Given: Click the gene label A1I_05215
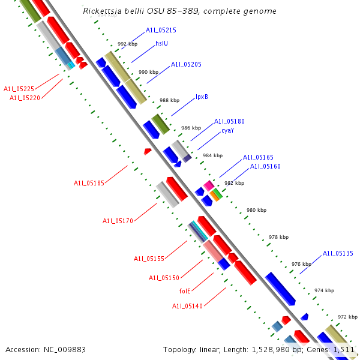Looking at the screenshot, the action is pos(161,30).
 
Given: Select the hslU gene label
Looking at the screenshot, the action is pos(161,43).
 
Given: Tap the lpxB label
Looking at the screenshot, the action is pos(202,97).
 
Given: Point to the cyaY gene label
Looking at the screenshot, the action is pos(227,130).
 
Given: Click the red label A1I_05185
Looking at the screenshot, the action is pos(89,183).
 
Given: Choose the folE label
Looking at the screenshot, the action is pos(185,291).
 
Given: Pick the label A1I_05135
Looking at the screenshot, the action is pos(338,253).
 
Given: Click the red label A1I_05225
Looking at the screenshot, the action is pos(19,89).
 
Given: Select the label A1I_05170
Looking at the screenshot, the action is pos(118,221).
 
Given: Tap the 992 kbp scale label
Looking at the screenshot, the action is pos(127,44).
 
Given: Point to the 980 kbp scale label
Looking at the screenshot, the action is pos(256,210).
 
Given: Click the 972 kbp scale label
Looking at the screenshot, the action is pos(347,317).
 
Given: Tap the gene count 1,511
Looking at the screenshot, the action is pos(344,349).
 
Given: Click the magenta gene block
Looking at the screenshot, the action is pos(208,185).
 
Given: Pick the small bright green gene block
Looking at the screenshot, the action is pos(218,193).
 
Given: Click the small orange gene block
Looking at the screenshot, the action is pos(214,196).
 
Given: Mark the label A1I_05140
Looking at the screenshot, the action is pos(188,306).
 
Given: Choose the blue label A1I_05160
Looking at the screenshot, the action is pos(265,166).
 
